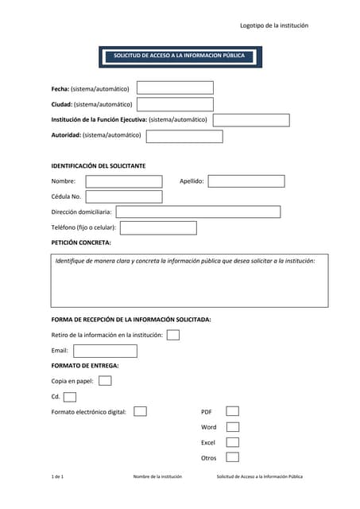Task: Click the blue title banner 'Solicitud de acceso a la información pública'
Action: tap(180, 56)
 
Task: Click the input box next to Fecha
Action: tap(175, 88)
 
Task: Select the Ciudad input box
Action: tap(175, 104)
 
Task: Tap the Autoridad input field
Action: tap(184, 136)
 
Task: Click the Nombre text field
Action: tap(124, 181)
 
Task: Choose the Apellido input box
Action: tap(246, 181)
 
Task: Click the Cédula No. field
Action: tap(124, 196)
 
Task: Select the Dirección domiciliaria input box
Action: tap(198, 212)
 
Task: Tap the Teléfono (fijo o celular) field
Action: tap(158, 227)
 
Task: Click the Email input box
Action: tap(105, 351)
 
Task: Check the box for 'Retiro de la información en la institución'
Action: tap(173, 335)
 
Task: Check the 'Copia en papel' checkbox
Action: tap(105, 381)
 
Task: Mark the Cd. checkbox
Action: tap(70, 397)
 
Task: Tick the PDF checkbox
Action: tap(232, 411)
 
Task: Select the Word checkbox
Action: tap(232, 427)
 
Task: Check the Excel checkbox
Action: tap(232, 442)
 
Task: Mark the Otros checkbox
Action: tap(232, 457)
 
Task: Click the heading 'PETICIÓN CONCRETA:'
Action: tap(81, 242)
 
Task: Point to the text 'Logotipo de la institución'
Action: tap(274, 25)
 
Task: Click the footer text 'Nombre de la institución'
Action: tap(157, 476)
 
